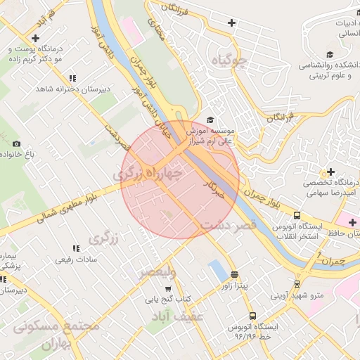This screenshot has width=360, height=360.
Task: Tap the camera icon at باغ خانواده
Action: tap(17, 143)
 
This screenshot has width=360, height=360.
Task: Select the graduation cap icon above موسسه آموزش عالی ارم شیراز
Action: tap(210, 120)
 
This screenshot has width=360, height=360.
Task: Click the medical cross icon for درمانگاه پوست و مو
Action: tap(37, 38)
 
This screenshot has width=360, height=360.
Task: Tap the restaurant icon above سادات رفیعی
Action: tap(75, 248)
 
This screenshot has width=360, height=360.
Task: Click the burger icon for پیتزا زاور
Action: tap(234, 275)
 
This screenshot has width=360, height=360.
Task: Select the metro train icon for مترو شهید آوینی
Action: tap(297, 285)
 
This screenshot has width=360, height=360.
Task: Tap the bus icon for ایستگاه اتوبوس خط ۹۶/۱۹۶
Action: tap(252, 316)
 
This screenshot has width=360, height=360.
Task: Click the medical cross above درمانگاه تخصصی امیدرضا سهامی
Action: tap(330, 172)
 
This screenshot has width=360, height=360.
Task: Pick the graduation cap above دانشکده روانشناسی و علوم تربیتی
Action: tap(329, 54)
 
